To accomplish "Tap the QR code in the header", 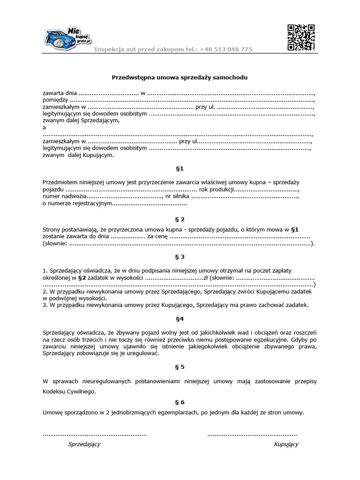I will (300, 37).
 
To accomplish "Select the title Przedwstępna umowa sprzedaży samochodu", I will (180, 77).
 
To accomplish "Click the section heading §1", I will (180, 168).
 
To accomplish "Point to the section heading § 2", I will (180, 219).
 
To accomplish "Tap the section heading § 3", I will (180, 257).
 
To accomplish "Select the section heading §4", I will (180, 319).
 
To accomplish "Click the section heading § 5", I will (180, 367).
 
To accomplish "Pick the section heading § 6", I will (180, 402).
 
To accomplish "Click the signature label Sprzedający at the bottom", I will (84, 444).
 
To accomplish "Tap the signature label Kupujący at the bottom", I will (286, 444).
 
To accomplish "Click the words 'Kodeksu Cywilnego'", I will (69, 390).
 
